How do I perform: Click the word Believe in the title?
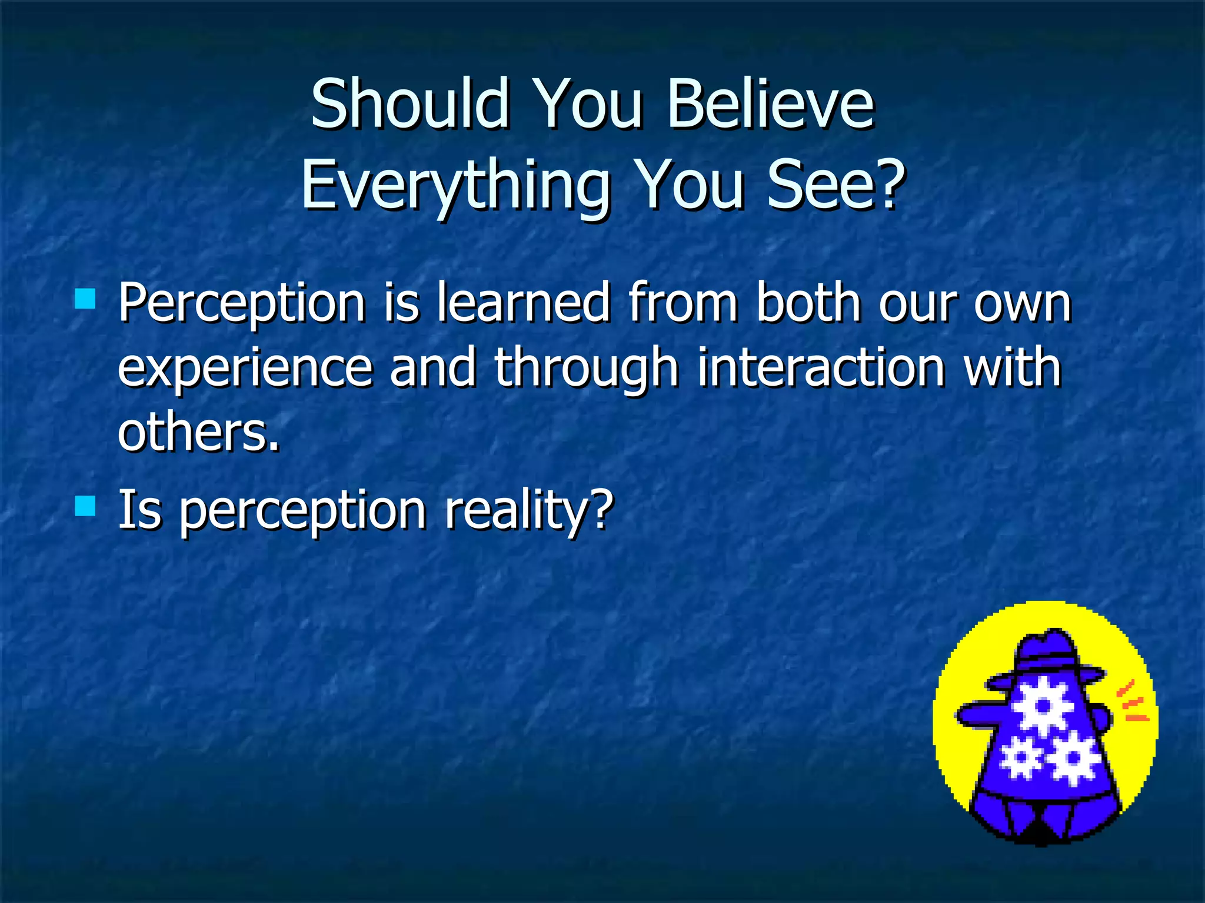tap(771, 104)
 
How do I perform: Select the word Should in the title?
tap(409, 104)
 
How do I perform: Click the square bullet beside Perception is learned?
tap(85, 299)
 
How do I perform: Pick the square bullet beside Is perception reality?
tap(85, 506)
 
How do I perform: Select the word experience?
tap(245, 369)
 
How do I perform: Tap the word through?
tap(587, 369)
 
